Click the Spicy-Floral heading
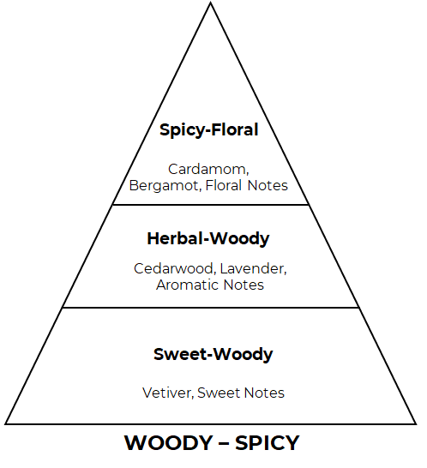point(208,130)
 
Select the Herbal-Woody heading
point(208,239)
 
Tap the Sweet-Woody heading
point(213,354)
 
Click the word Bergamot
point(164,186)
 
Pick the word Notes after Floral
point(268,185)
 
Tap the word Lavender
point(253,269)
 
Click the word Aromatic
point(187,285)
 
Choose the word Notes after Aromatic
point(244,285)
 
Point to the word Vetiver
point(168,393)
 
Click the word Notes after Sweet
point(264,393)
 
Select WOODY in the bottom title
point(168,442)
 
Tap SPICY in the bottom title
point(267,442)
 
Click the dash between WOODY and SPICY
point(224,443)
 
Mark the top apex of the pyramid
point(211,3)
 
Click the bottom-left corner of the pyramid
point(5,423)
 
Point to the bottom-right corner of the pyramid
point(416,423)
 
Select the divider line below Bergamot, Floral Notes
point(211,205)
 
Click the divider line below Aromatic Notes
point(211,308)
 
